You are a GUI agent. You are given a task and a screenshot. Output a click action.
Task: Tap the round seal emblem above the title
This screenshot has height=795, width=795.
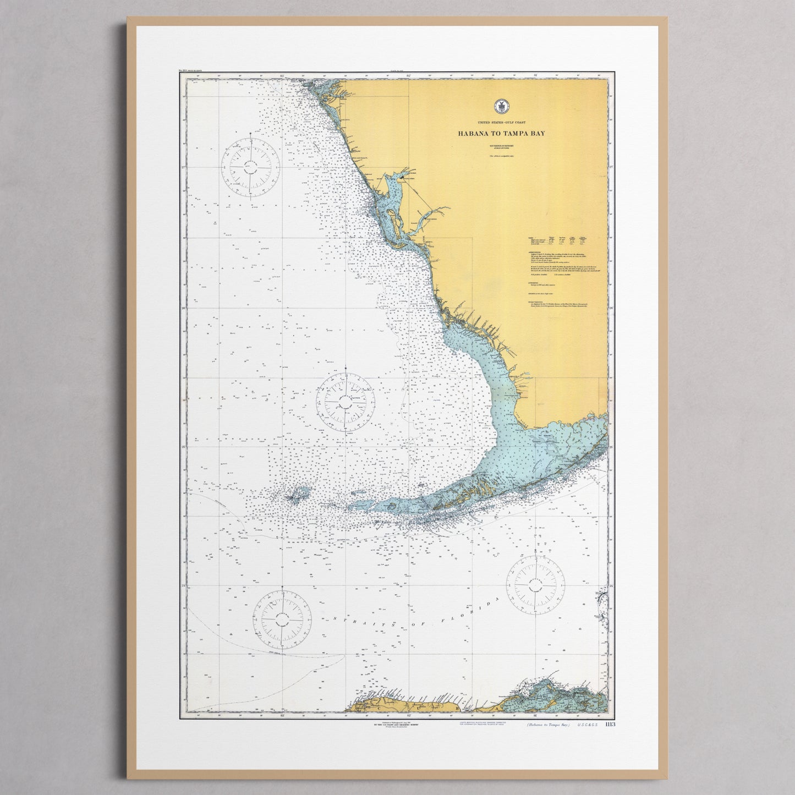[x=500, y=106]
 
